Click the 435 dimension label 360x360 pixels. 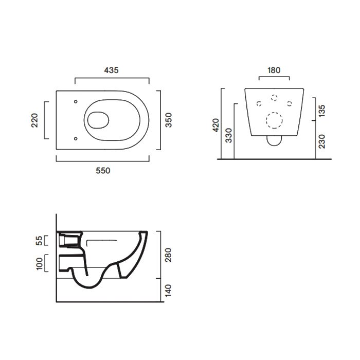point(112,70)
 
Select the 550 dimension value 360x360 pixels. point(103,171)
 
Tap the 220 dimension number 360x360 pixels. point(34,120)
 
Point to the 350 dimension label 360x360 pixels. point(169,120)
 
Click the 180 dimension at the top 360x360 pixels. point(274,70)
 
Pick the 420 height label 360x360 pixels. point(216,125)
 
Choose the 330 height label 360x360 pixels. point(229,135)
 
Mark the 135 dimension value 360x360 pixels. point(322,111)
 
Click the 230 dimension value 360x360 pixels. point(322,141)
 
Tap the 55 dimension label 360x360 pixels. point(39,241)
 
